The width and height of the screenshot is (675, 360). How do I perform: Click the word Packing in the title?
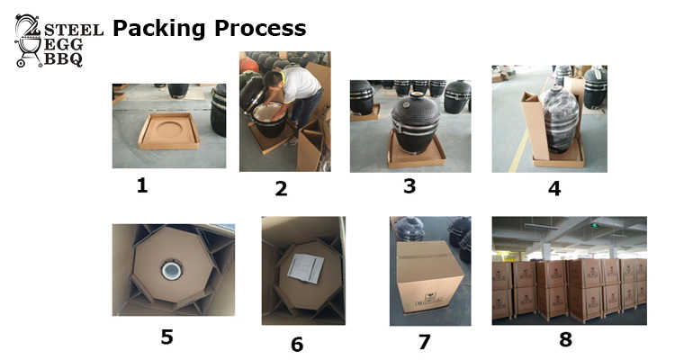[x=158, y=30]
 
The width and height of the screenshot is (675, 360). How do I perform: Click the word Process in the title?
[x=260, y=28]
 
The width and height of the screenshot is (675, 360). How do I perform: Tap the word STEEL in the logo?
[x=74, y=30]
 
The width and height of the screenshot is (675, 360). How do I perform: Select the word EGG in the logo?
[x=63, y=44]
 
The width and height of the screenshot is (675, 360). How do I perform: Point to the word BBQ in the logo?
[x=63, y=59]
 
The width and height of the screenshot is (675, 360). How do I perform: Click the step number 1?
[x=142, y=185]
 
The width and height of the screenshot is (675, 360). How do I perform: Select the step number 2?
[x=281, y=189]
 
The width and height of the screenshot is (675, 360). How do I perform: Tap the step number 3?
[x=409, y=186]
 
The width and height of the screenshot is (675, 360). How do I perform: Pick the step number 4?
[x=554, y=189]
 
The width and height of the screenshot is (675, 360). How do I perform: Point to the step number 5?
[x=167, y=337]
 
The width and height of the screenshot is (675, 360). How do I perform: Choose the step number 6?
[x=297, y=344]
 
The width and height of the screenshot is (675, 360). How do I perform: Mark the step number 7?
[x=425, y=342]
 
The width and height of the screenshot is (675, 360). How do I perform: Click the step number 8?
[x=566, y=339]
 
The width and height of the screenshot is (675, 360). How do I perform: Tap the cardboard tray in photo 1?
[x=169, y=130]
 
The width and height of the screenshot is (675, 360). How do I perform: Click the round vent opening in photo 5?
[x=172, y=270]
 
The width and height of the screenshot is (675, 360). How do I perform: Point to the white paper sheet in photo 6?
[x=306, y=268]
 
